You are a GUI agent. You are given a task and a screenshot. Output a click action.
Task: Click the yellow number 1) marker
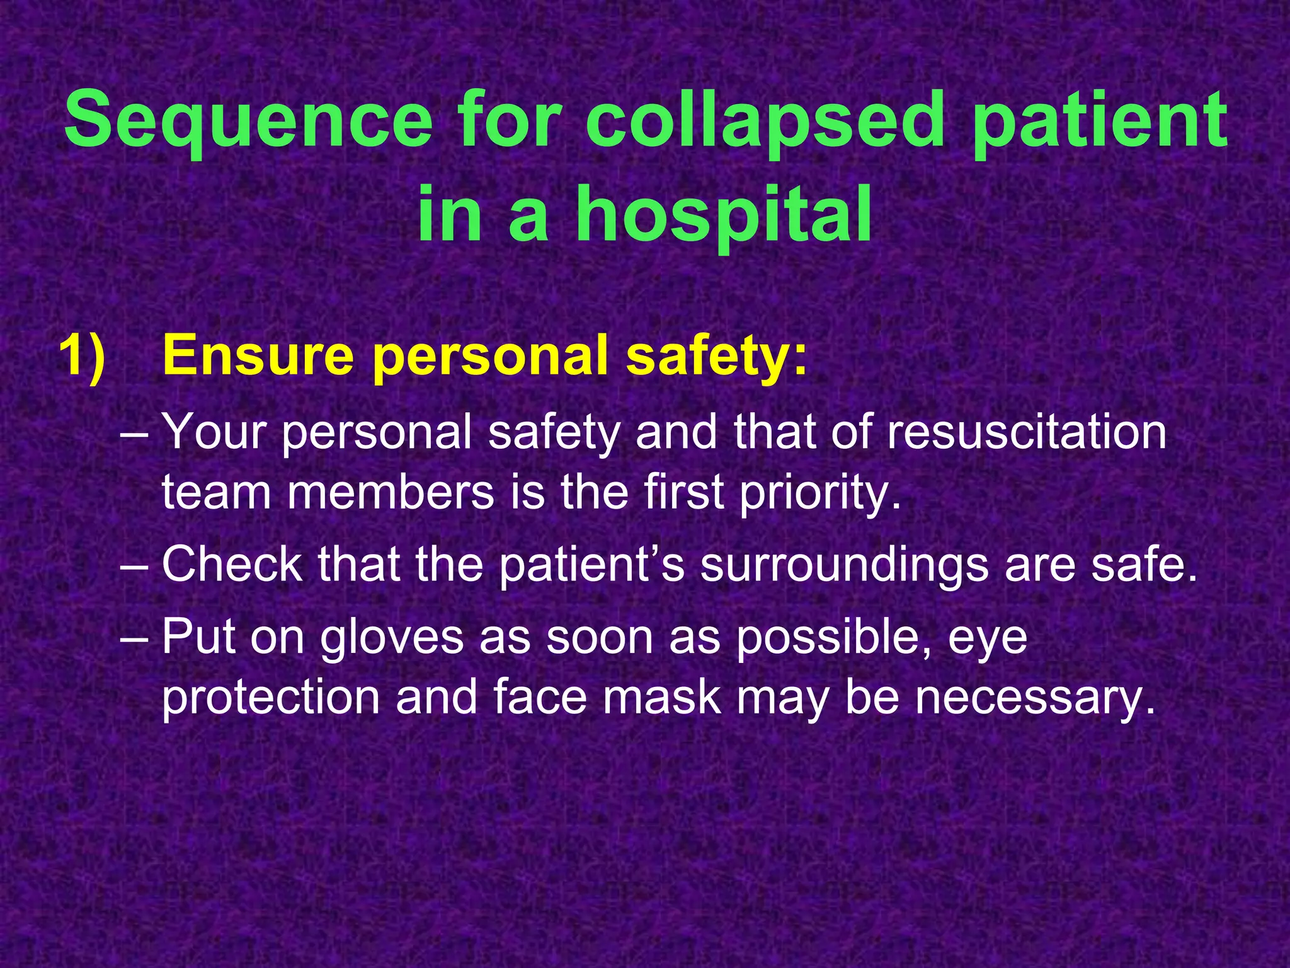pyautogui.click(x=82, y=356)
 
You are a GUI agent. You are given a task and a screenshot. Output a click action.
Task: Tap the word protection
pyautogui.click(x=271, y=698)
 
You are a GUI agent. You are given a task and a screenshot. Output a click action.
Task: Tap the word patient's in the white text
pyautogui.click(x=591, y=565)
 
